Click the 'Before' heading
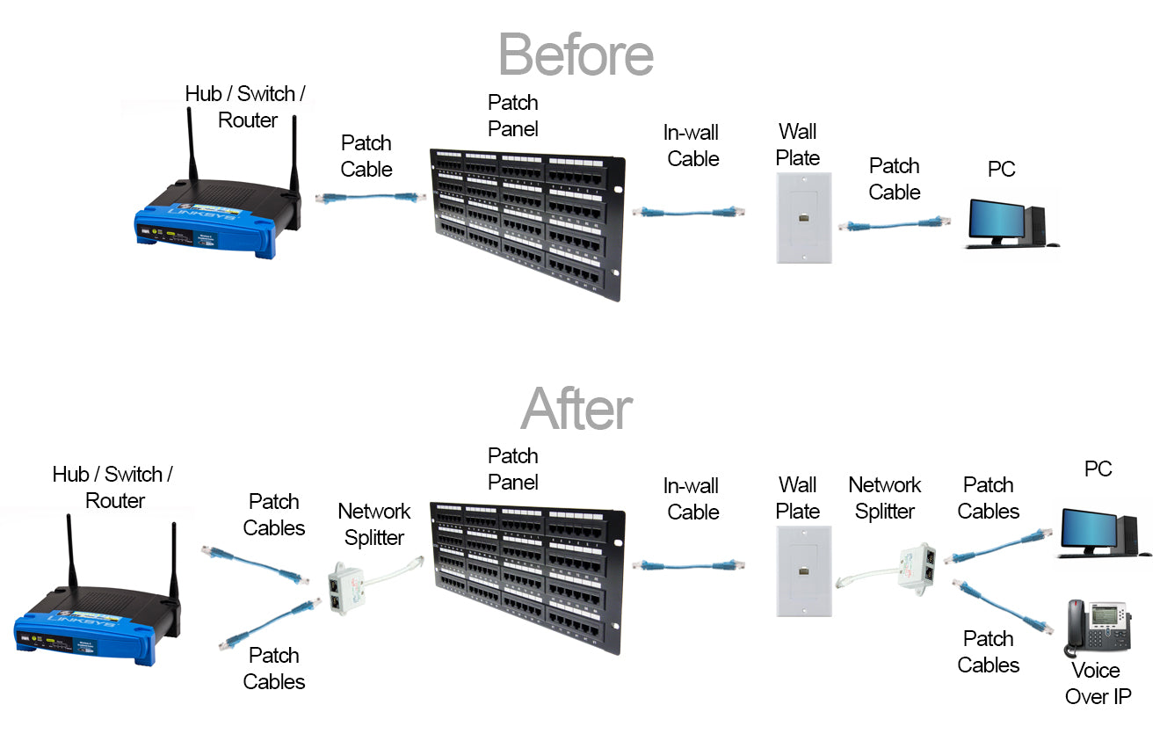point(576,54)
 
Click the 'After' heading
point(576,409)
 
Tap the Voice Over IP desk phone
point(1097,627)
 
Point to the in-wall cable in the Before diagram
point(689,212)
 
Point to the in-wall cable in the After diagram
point(689,564)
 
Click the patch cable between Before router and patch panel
point(365,199)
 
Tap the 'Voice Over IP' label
point(1098,684)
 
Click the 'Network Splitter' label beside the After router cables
point(373,525)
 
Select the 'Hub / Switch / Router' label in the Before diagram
point(246,107)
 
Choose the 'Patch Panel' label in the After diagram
point(512,469)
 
